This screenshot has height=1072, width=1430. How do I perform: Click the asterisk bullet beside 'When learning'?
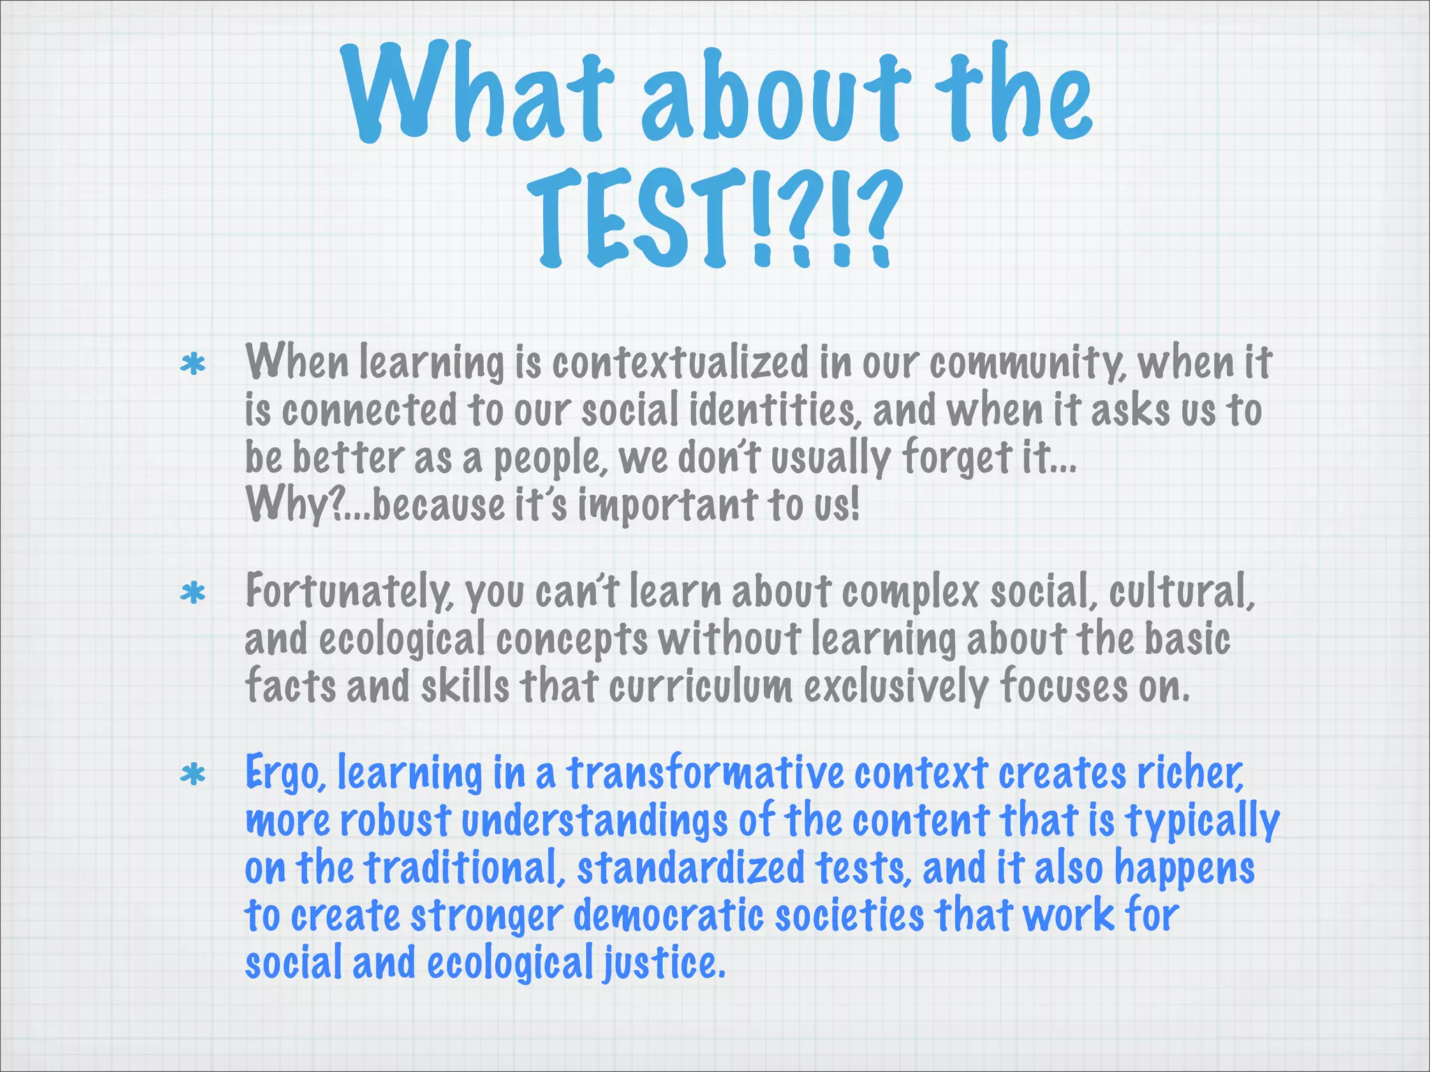click(x=193, y=364)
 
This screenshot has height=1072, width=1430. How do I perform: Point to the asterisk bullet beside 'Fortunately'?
click(x=193, y=594)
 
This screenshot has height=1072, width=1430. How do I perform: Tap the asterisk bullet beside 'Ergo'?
click(x=193, y=775)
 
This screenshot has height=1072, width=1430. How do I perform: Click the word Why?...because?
click(x=374, y=505)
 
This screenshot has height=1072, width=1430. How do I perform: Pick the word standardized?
click(x=691, y=868)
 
